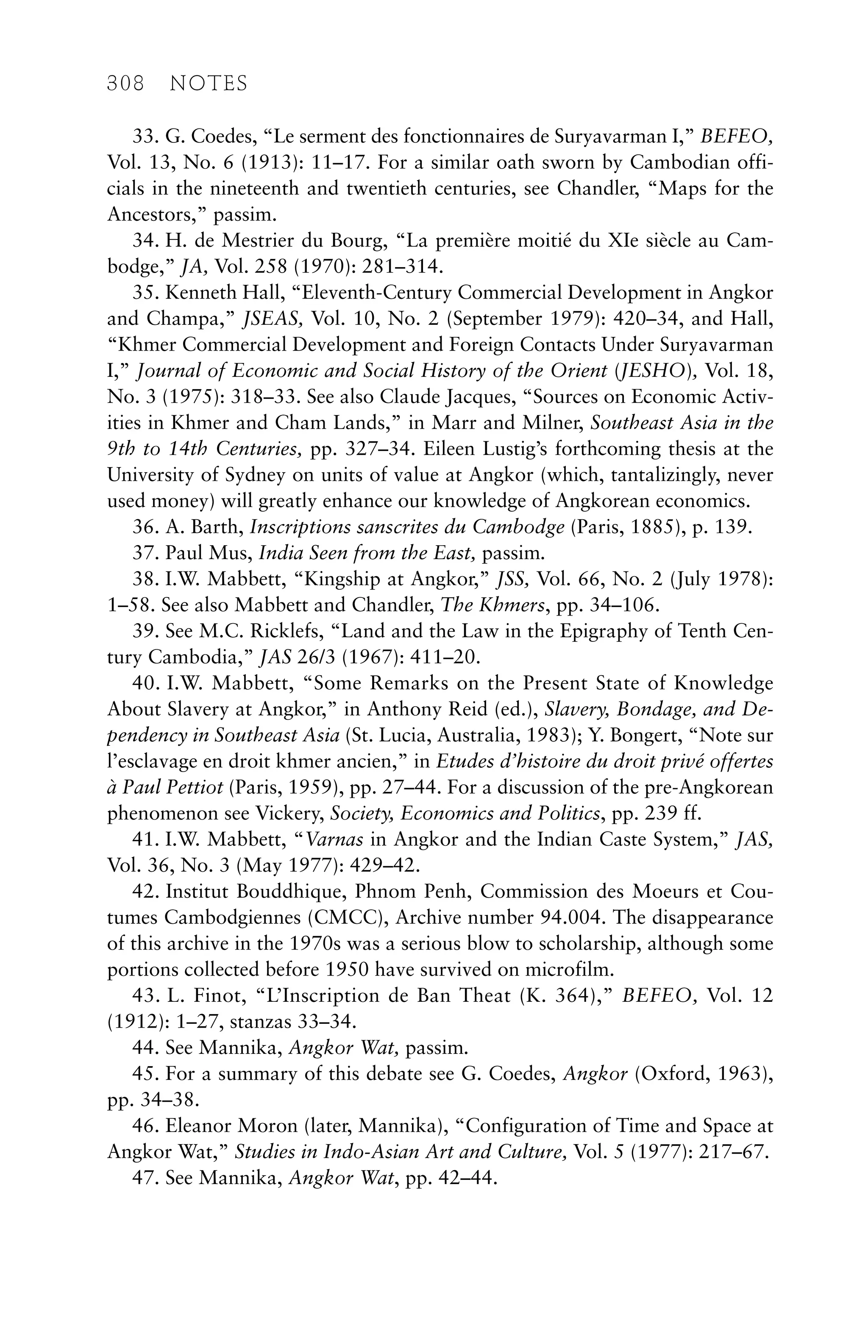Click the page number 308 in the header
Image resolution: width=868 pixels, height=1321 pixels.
click(125, 84)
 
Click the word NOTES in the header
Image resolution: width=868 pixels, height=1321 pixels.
click(208, 84)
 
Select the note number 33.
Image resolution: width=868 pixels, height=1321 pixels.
click(144, 137)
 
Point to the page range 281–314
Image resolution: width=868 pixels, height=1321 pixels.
click(402, 267)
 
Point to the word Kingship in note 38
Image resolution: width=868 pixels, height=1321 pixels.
click(331, 580)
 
